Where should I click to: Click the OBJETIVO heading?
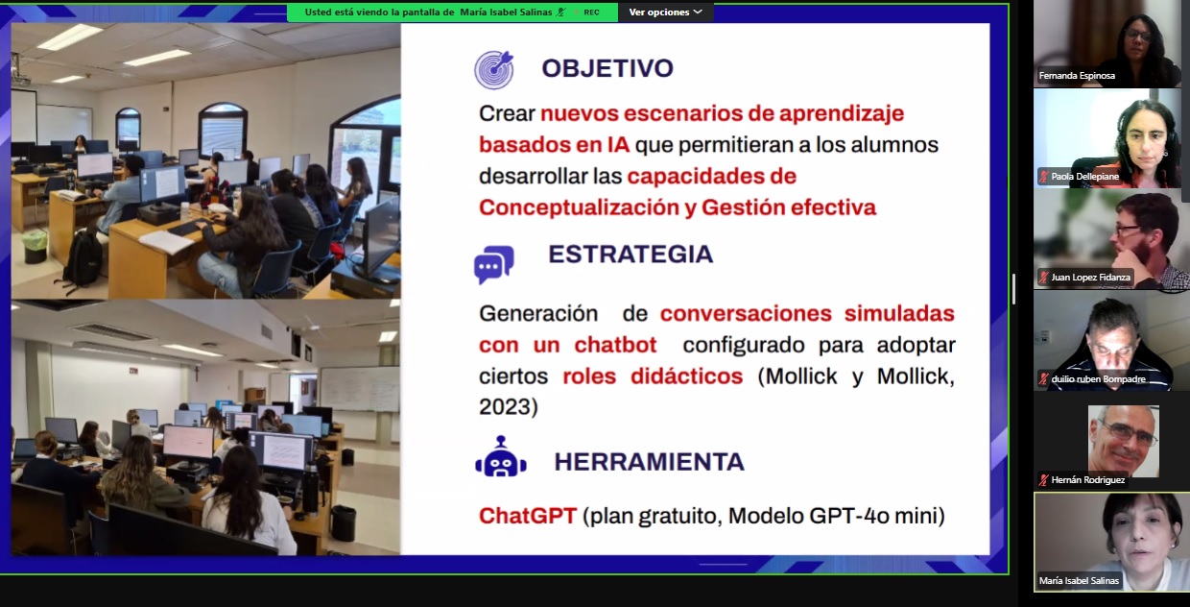[607, 68]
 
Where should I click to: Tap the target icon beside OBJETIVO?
[494, 69]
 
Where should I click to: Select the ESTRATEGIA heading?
[631, 255]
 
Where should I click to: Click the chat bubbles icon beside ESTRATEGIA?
[494, 264]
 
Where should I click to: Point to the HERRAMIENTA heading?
[649, 461]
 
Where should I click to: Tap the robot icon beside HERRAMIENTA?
[500, 456]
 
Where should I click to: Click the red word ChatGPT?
[528, 516]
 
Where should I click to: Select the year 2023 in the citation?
[505, 406]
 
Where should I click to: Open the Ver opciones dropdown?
[665, 12]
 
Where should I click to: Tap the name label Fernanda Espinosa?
[1077, 76]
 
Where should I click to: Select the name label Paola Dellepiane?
[1084, 176]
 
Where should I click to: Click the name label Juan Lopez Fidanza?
[1090, 277]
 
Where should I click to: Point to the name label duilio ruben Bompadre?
[1098, 379]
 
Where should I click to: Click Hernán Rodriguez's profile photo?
[1123, 441]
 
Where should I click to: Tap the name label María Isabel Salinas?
[1079, 580]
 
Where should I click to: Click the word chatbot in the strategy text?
[615, 345]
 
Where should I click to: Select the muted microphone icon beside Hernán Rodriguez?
[1043, 480]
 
